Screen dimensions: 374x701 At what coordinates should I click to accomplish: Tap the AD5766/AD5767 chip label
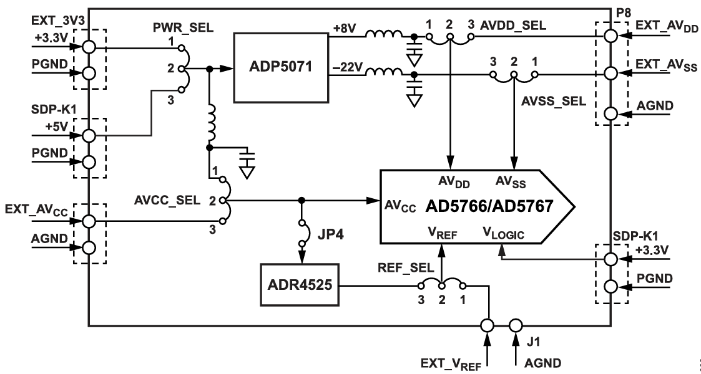pyautogui.click(x=487, y=206)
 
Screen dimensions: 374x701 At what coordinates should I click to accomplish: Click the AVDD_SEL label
pyautogui.click(x=512, y=26)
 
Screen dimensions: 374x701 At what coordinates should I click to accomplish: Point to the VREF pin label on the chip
pyautogui.click(x=442, y=233)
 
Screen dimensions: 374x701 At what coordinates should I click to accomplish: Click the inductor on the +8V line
pyautogui.click(x=381, y=36)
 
